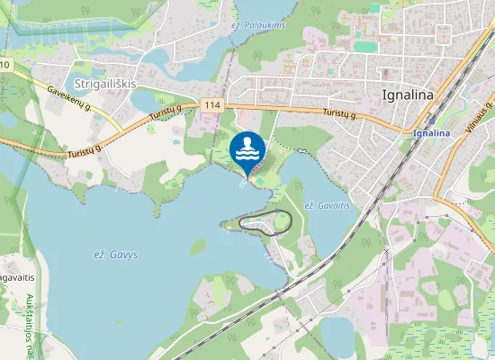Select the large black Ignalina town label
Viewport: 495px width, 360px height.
click(408, 94)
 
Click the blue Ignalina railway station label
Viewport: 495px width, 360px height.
click(431, 133)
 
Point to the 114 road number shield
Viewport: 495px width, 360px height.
click(211, 105)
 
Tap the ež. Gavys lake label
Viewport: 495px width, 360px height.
click(116, 255)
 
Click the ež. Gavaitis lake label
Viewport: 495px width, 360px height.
click(326, 206)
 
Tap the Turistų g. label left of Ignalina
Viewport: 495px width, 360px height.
click(340, 113)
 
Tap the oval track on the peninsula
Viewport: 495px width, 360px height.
click(274, 222)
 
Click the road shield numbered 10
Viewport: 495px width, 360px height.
click(5, 66)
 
